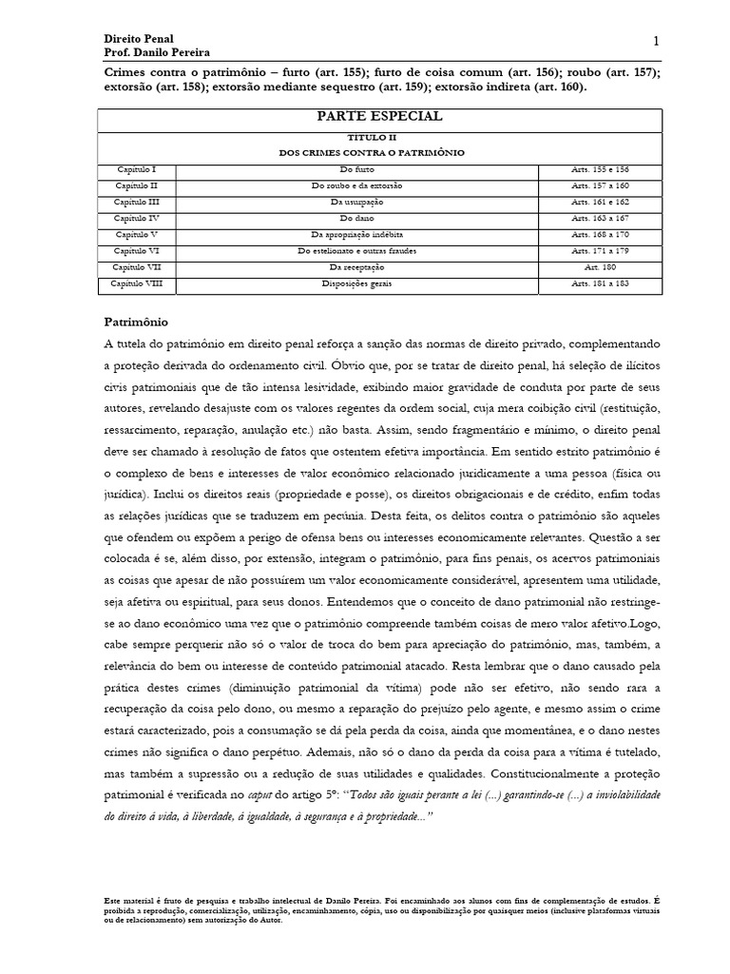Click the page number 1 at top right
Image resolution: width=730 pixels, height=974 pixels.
coord(656,40)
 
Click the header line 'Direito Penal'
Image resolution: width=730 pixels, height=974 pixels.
coord(138,38)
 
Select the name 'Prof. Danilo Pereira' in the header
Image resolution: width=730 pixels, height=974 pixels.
coord(157,52)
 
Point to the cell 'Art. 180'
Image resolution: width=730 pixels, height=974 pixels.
coord(600,267)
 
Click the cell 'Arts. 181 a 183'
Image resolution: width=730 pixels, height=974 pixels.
coord(600,283)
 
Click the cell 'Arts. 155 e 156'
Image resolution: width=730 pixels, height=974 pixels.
coord(600,168)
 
